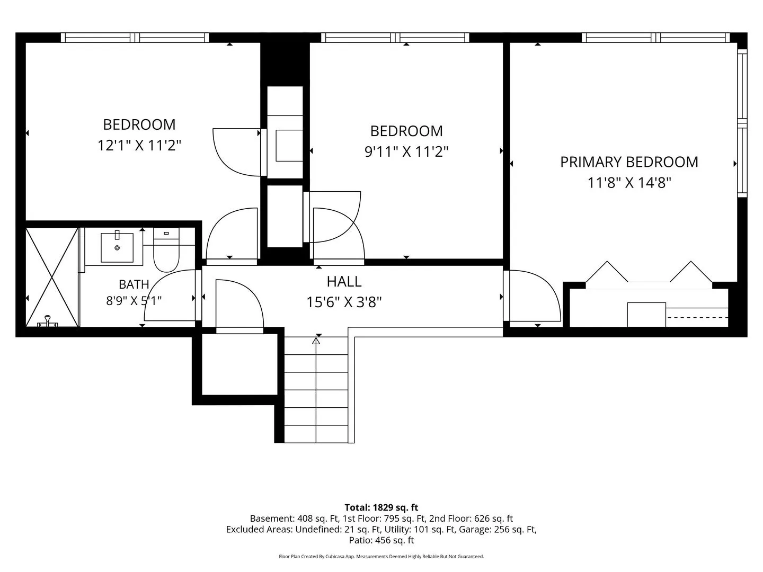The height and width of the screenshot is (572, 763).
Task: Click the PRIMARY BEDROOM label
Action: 629,162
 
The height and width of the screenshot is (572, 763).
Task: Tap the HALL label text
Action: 344,282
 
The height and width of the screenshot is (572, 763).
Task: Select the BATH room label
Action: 134,284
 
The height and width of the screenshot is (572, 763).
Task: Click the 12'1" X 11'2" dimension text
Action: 139,145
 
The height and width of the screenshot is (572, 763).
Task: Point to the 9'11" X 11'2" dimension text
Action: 406,152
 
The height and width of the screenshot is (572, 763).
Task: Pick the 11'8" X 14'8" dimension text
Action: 629,183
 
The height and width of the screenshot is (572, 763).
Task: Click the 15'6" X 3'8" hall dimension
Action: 344,302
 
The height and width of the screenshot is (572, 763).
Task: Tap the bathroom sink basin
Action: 117,247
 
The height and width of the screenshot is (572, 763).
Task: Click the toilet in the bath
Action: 166,249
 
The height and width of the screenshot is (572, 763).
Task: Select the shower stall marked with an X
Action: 52,277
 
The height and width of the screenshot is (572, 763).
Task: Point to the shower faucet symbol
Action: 47,321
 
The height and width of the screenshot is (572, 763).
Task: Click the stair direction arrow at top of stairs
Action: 316,342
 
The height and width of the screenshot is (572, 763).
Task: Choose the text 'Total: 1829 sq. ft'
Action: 381,507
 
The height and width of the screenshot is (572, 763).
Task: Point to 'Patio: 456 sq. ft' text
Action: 381,540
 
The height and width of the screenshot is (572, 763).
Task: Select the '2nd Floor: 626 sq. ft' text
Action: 471,519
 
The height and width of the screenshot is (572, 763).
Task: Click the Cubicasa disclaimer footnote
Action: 381,556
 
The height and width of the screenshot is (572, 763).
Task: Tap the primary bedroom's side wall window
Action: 742,123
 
